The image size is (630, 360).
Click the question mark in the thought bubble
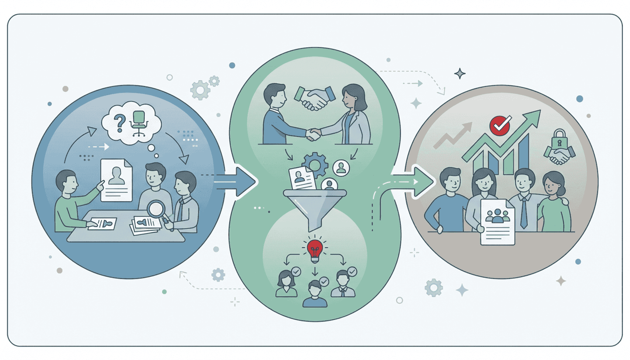pyautogui.click(x=120, y=123)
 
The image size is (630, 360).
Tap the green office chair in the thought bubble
pyautogui.click(x=139, y=123)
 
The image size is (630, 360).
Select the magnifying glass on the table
pyautogui.click(x=157, y=210)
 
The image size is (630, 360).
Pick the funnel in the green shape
pyautogui.click(x=315, y=207)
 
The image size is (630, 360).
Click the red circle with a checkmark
pyautogui.click(x=500, y=126)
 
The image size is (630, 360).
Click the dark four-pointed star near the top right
pyautogui.click(x=459, y=73)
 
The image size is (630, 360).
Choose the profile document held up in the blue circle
pyautogui.click(x=116, y=180)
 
